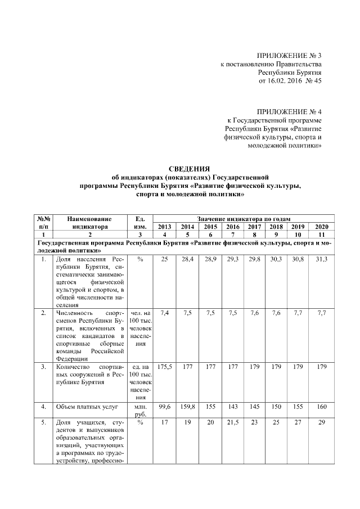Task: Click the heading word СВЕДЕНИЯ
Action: pos(190,168)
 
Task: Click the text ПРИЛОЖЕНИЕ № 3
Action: pos(289,56)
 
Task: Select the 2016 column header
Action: pos(233,226)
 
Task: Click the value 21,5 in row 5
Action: pos(233,422)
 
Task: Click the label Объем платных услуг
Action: pos(84,406)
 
